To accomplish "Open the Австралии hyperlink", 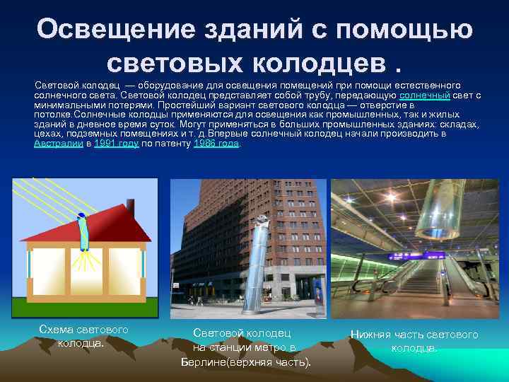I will (x=58, y=142).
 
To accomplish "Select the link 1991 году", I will (x=116, y=142).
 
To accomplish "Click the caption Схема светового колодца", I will (x=83, y=337).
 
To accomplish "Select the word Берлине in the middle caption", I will (x=204, y=362).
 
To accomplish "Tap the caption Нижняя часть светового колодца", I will (x=414, y=341).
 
